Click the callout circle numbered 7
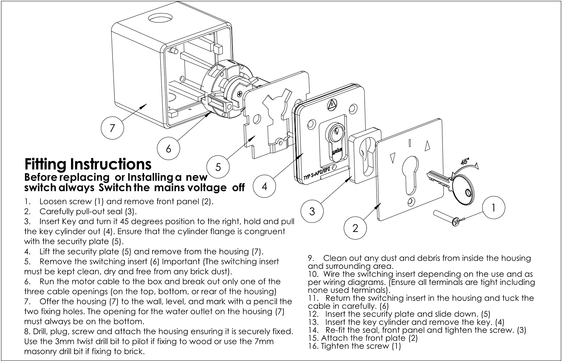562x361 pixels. [112, 128]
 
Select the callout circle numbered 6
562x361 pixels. [168, 148]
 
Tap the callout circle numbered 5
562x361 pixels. [218, 167]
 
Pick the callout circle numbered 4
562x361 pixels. [264, 186]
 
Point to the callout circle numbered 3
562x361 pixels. [312, 211]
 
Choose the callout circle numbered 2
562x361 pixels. [355, 228]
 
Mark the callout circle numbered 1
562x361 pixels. [493, 207]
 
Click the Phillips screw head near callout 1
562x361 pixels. [456, 222]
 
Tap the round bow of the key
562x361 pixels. [464, 190]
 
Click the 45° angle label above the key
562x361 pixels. [465, 162]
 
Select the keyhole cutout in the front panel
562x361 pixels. [410, 175]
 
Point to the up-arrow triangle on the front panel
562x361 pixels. [427, 146]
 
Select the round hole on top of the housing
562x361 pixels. [160, 18]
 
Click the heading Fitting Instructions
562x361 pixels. [88, 164]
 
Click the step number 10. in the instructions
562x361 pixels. [314, 274]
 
